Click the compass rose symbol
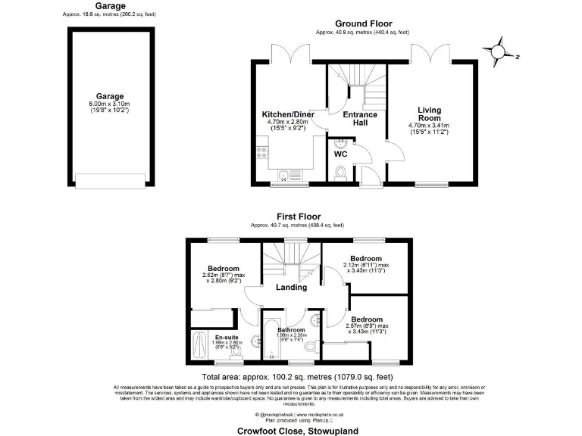click(498, 51)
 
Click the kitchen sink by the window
click(283, 176)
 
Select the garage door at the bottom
click(110, 182)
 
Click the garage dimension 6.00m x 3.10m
click(110, 107)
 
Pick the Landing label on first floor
click(291, 287)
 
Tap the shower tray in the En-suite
click(200, 347)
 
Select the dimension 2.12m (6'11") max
click(365, 265)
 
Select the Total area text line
click(297, 376)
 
